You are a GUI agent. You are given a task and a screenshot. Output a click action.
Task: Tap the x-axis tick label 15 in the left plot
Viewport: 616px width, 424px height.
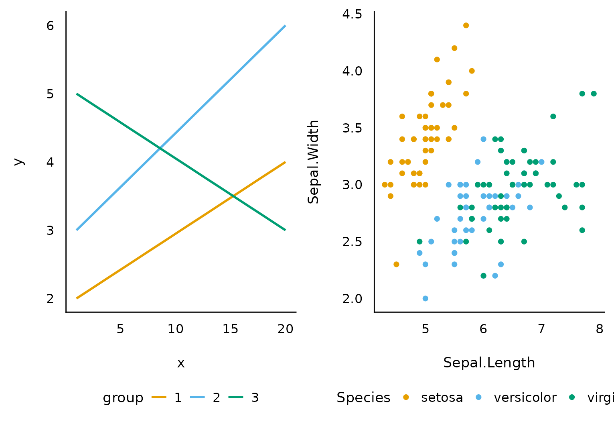pos(230,329)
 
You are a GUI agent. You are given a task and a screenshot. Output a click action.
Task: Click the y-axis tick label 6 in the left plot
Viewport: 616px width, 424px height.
pos(50,26)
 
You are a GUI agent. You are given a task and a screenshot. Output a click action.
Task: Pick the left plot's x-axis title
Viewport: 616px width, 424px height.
pos(181,363)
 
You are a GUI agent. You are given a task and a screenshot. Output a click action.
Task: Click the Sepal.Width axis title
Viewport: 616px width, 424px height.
pos(314,161)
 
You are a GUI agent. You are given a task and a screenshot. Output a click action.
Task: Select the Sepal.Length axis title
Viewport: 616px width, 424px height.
pos(489,363)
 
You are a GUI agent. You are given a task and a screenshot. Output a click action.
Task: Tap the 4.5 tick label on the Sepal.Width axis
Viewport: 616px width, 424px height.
pos(352,14)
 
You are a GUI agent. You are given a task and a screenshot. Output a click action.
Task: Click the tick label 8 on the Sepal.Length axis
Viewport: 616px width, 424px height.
pos(599,329)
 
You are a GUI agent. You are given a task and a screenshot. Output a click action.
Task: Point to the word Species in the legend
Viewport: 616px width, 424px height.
pos(363,398)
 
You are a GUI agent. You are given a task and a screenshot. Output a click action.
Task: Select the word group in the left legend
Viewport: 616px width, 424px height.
pos(123,398)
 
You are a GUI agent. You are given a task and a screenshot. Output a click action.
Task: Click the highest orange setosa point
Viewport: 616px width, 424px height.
pos(466,25)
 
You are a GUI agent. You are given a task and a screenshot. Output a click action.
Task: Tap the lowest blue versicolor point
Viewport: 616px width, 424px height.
pos(425,298)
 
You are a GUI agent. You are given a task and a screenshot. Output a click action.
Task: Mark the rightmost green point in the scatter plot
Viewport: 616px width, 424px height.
pos(594,94)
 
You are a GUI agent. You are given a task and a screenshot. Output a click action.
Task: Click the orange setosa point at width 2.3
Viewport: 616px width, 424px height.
pos(396,264)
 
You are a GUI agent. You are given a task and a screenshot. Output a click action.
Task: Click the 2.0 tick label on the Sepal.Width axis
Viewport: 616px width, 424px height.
pos(352,299)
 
